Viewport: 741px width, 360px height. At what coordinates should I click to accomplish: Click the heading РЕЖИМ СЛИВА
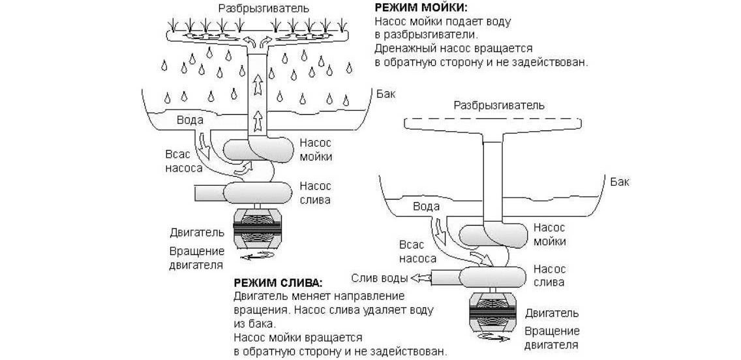(277, 282)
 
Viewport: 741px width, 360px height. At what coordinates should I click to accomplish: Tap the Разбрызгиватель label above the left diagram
(256, 8)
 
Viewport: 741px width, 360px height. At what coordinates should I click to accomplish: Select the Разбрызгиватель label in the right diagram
(499, 104)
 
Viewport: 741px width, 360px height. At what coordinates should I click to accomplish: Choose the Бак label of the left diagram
(386, 94)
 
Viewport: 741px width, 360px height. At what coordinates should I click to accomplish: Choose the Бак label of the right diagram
(620, 181)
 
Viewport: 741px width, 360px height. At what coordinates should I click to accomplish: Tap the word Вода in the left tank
(190, 120)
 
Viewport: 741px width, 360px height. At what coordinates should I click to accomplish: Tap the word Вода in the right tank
(426, 206)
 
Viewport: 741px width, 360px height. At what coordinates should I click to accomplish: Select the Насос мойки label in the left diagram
(316, 150)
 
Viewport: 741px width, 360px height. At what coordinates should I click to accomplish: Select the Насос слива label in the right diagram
(549, 275)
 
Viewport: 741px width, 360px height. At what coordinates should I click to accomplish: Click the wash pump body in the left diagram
(259, 150)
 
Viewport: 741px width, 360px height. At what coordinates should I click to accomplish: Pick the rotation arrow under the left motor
(257, 258)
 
